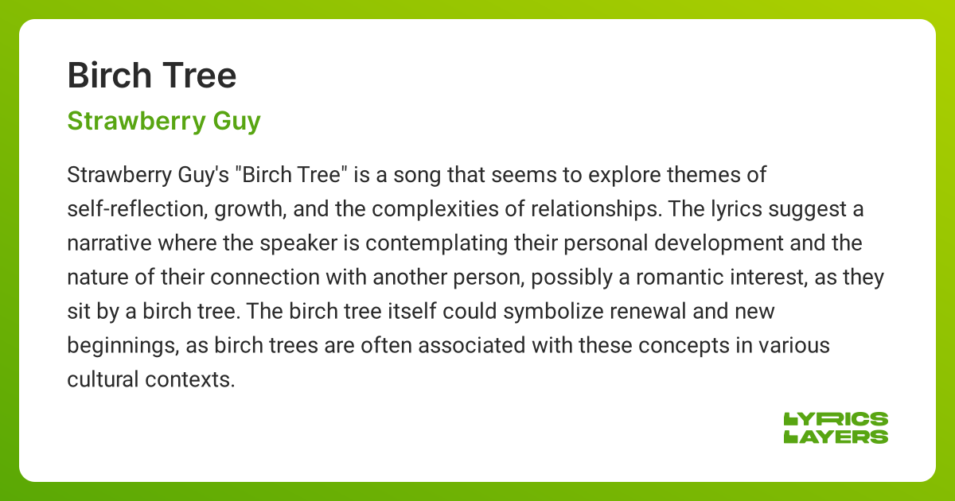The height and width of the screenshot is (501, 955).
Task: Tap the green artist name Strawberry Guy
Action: (x=164, y=122)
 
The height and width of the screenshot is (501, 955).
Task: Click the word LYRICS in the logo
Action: (x=836, y=419)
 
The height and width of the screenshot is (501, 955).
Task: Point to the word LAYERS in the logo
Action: (x=836, y=436)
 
